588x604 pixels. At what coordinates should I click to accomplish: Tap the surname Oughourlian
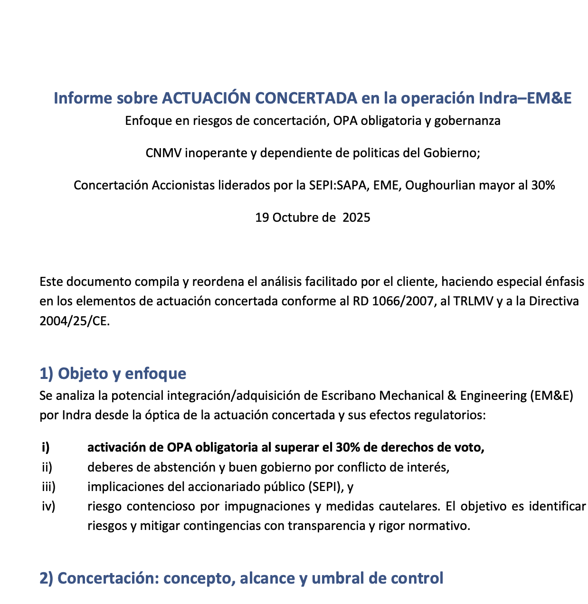[441, 185]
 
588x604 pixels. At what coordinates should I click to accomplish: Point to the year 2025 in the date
[356, 217]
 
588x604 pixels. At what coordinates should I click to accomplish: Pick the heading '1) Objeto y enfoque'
[113, 373]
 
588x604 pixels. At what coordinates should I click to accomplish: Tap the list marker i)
[46, 447]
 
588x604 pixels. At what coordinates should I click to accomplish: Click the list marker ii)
[47, 467]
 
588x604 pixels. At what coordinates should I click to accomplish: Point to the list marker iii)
[48, 487]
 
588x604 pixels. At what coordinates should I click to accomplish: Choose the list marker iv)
[48, 507]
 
